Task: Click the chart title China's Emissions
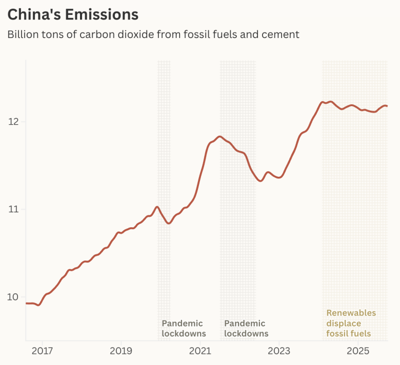point(73,15)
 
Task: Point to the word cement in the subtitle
point(283,35)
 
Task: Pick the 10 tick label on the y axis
point(12,297)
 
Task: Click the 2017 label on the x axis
point(42,351)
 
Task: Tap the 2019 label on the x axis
point(121,351)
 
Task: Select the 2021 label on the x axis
point(200,351)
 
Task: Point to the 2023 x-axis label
point(279,351)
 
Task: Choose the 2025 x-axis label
point(358,351)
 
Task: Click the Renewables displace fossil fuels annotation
point(351,323)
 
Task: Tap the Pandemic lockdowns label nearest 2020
point(183,328)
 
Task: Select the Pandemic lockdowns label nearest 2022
point(246,328)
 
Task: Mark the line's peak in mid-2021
point(219,136)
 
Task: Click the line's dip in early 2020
point(169,223)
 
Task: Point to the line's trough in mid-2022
point(260,181)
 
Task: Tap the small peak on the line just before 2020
point(157,207)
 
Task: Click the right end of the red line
point(387,106)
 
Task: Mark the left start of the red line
point(26,303)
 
